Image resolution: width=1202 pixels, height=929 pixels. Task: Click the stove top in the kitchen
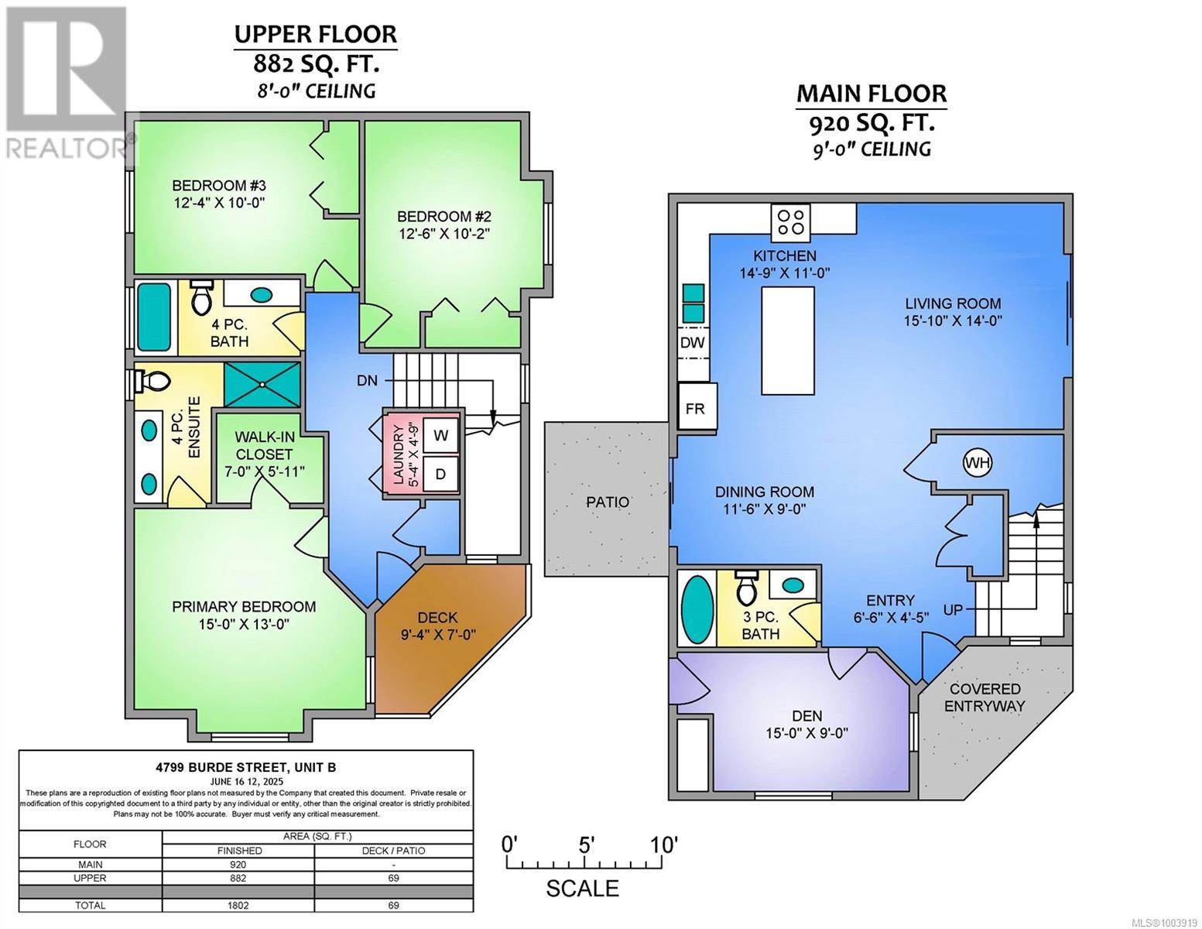coord(791,221)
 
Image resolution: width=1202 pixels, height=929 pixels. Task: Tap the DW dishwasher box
coord(693,342)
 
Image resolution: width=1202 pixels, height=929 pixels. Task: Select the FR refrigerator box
coord(695,408)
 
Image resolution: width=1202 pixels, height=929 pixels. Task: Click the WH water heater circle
coord(978,463)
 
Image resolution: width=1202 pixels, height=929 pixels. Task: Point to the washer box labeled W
coord(440,435)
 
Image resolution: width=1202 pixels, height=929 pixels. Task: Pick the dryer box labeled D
coord(440,474)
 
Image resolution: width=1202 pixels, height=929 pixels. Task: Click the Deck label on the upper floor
coord(437,618)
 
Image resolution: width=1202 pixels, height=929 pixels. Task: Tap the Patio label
coord(608,502)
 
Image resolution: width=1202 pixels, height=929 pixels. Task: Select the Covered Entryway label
coord(985,697)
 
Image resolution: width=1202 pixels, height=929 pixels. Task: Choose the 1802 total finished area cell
coord(238,905)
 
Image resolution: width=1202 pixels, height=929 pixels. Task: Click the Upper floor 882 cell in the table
coord(238,878)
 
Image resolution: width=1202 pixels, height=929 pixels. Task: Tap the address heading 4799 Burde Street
coord(245,767)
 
